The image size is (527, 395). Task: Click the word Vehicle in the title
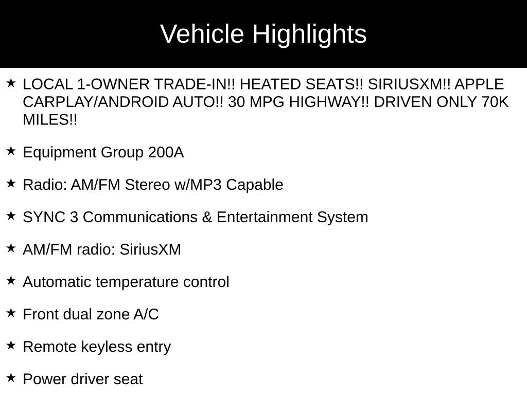[x=202, y=33]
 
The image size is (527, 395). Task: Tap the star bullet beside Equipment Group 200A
[x=11, y=151]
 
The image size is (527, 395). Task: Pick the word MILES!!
[x=50, y=119]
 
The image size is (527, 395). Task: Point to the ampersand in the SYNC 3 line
[x=207, y=217]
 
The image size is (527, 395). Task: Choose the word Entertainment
[x=265, y=217]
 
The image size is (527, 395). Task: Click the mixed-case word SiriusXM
[x=150, y=249]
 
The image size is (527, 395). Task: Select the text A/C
[x=146, y=314]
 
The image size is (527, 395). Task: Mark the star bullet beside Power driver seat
[x=11, y=378]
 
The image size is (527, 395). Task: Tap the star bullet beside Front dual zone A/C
[x=11, y=313]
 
